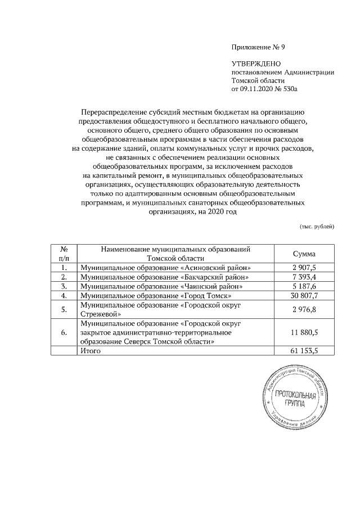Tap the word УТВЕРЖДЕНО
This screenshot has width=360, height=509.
tap(256, 64)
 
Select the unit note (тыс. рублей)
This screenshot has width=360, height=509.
tap(316, 226)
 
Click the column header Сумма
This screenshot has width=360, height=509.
tap(304, 253)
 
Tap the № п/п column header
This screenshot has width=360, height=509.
tap(64, 253)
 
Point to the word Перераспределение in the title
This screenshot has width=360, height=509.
tap(114, 112)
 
